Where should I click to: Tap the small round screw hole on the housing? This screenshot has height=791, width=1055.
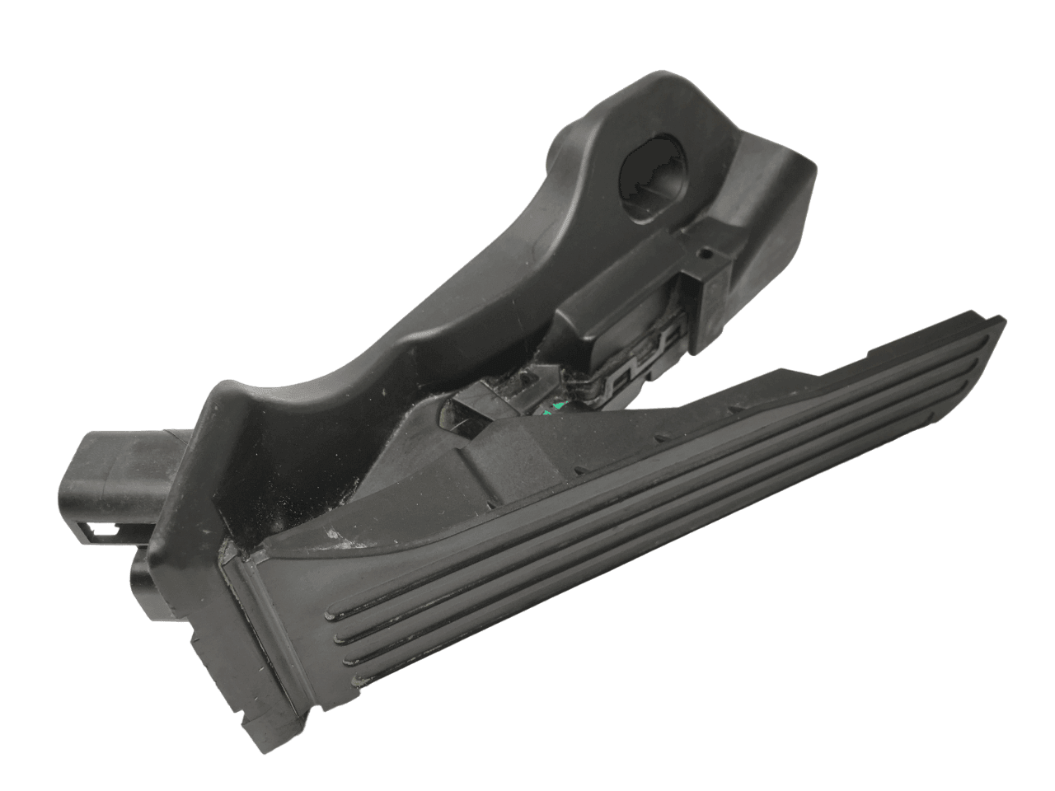705,254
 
